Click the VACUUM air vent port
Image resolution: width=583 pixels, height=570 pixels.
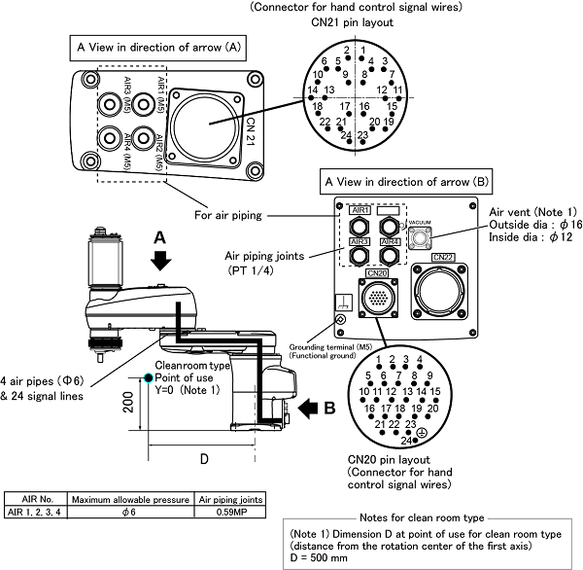point(420,239)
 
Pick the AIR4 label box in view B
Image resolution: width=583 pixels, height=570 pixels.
point(391,241)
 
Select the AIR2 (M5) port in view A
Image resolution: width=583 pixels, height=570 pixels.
point(142,139)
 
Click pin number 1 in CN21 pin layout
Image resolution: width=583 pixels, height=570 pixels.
point(362,51)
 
